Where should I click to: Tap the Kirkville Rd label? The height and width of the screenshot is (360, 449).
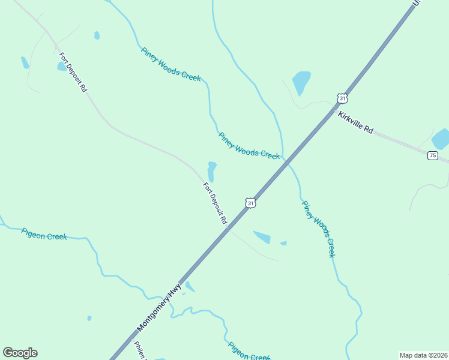[355, 122]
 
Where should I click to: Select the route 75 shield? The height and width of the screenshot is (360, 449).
[432, 155]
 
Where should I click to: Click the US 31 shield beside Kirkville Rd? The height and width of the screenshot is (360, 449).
[342, 98]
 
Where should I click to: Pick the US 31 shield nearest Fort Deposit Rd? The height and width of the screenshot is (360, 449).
[250, 203]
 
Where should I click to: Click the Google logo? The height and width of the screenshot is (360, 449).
[20, 353]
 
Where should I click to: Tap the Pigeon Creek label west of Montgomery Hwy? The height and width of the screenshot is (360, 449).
[44, 233]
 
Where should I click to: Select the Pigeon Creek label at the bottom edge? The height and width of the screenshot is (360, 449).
[249, 351]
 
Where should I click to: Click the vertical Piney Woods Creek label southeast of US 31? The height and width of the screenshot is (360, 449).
[318, 229]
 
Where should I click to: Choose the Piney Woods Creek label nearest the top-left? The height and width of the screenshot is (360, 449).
[170, 64]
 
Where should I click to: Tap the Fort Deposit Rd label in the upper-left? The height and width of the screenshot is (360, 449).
[73, 72]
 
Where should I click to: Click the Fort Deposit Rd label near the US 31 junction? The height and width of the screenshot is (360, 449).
[215, 203]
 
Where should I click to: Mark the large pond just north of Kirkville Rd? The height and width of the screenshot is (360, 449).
[301, 81]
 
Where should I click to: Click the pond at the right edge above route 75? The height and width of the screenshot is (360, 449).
[441, 139]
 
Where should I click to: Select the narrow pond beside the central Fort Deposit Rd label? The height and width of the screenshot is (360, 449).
[211, 171]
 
